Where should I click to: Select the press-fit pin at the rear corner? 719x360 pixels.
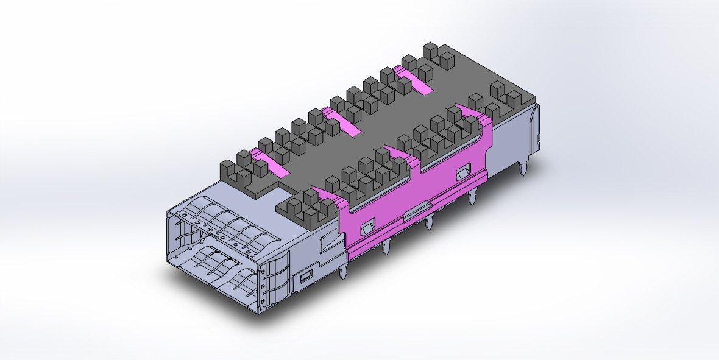click(523, 168)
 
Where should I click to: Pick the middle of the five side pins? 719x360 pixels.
click(429, 222)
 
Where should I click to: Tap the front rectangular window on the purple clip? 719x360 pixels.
click(366, 228)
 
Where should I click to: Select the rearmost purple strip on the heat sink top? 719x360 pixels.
click(417, 82)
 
